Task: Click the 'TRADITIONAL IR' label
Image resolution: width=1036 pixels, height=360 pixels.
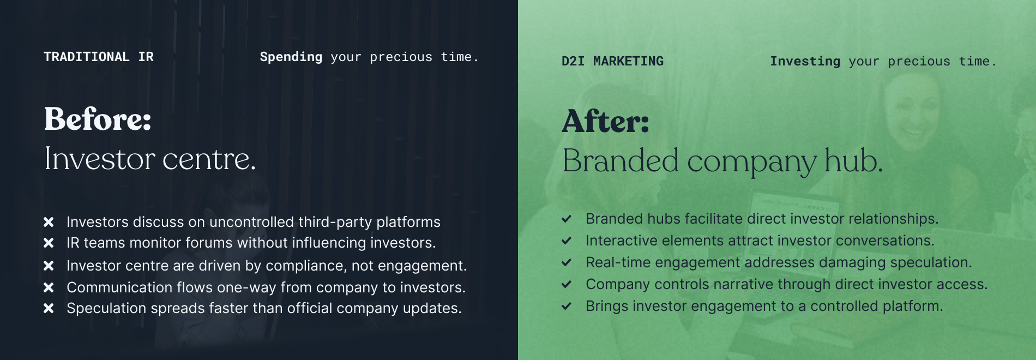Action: click(x=99, y=57)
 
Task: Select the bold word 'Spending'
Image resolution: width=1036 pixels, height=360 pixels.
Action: click(x=291, y=57)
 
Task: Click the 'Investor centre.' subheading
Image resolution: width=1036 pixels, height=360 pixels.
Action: click(x=150, y=159)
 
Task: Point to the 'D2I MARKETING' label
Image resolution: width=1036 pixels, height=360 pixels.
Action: click(x=613, y=61)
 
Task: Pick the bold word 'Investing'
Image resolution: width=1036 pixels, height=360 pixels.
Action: click(x=805, y=62)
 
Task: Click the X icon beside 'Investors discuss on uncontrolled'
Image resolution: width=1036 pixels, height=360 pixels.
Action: click(x=49, y=222)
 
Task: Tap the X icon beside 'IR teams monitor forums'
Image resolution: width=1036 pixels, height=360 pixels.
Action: click(x=49, y=243)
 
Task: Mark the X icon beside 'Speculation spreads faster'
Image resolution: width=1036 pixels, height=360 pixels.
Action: click(x=49, y=308)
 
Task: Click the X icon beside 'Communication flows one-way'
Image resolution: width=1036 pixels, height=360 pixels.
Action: click(x=49, y=287)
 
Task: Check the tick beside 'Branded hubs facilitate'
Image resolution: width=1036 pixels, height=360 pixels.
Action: click(x=567, y=219)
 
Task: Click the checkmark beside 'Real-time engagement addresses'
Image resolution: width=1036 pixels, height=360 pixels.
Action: click(x=567, y=262)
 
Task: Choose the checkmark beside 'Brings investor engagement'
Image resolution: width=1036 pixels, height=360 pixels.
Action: click(x=567, y=306)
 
